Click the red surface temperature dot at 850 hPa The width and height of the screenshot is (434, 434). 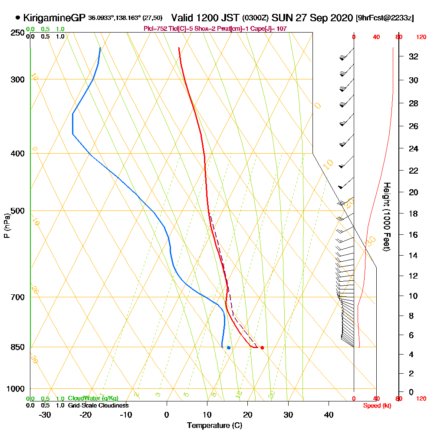[262, 348]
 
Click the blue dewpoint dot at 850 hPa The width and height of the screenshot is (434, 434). [229, 348]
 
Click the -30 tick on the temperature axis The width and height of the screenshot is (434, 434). [45, 414]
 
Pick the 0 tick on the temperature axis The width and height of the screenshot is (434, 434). [167, 414]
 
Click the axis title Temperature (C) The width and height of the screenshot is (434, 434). [214, 425]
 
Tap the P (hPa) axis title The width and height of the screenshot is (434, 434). [7, 225]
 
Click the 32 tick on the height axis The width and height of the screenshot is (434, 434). [413, 56]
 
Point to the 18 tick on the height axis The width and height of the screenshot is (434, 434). [413, 214]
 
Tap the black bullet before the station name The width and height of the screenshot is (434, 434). [17, 18]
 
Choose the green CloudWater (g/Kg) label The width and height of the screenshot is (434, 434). [92, 398]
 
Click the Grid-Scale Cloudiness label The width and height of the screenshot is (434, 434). [98, 405]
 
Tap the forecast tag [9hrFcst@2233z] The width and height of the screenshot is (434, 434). [385, 18]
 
